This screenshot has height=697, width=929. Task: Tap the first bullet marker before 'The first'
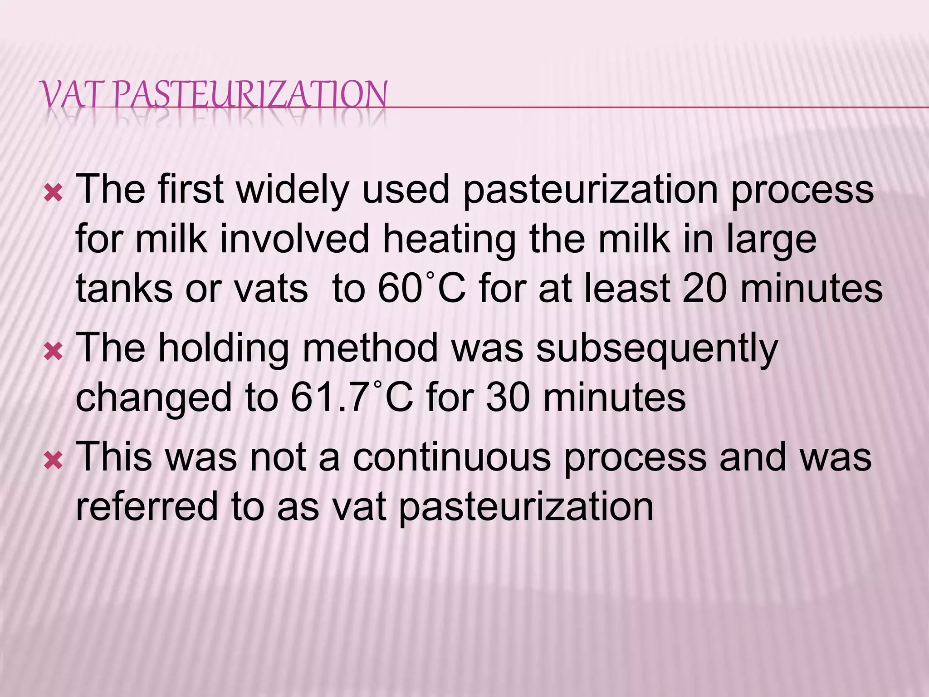[x=53, y=194]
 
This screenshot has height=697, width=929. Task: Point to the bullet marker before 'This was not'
[x=53, y=461]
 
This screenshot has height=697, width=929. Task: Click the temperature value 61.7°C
[x=352, y=398]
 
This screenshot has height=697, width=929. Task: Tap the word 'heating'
[x=449, y=241]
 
